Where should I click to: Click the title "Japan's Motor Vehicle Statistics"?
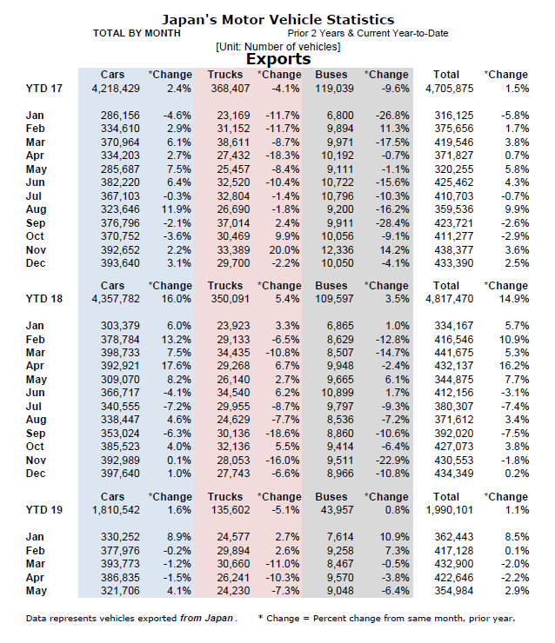[277, 19]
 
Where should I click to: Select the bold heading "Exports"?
[278, 59]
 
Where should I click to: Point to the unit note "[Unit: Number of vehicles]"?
[277, 46]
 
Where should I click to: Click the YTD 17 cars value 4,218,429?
[115, 89]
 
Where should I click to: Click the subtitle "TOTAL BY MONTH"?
[137, 33]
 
